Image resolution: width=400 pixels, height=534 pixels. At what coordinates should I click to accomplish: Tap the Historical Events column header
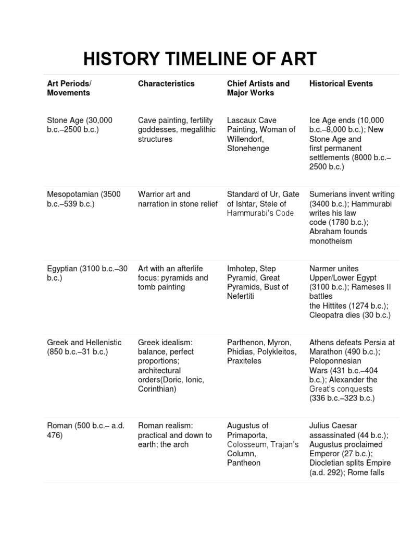341,83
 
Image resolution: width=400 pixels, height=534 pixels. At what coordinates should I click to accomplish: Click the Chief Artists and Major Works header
258,88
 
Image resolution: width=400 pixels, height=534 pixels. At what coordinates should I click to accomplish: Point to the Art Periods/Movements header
69,88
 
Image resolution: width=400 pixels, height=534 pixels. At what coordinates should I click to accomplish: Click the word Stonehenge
248,149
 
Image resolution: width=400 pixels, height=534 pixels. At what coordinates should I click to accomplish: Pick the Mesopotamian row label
73,195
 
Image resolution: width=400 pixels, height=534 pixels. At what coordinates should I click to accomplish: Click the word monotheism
331,241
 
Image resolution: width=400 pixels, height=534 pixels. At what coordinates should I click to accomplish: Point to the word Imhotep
242,269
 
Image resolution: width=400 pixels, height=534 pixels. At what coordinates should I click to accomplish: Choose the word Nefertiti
241,296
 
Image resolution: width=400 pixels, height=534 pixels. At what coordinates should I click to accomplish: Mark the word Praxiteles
244,361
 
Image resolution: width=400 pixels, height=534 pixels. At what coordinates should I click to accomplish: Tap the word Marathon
327,352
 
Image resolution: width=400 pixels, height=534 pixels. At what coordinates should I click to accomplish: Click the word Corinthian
156,389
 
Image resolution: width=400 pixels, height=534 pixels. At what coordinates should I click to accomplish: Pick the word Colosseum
246,444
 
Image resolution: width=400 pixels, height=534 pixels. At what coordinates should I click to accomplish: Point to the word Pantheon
244,463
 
